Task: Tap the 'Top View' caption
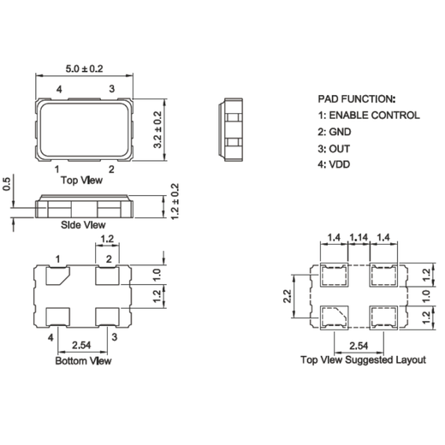(x=84, y=181)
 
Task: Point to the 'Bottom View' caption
(x=83, y=361)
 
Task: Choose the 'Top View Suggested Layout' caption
(x=362, y=360)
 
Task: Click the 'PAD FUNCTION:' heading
(x=357, y=99)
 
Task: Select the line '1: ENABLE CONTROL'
(x=368, y=115)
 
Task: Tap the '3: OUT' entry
(x=337, y=147)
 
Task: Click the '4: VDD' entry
(x=337, y=163)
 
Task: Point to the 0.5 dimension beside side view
(x=8, y=184)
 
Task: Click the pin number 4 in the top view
(x=58, y=89)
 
